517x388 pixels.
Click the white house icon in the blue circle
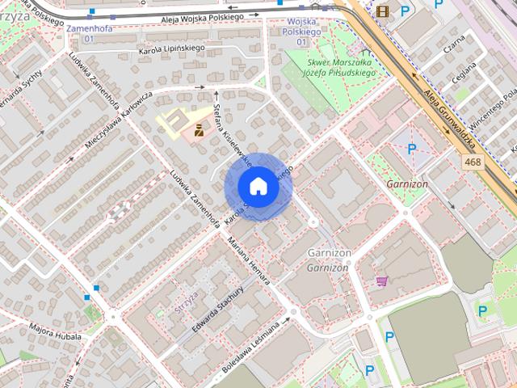258,187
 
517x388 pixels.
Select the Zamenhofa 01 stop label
89,32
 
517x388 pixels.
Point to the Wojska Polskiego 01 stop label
301,31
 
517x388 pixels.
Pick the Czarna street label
456,47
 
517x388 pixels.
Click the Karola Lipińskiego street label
170,48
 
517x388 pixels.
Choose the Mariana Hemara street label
249,258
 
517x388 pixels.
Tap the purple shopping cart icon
381,280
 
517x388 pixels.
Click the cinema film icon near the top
382,11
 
